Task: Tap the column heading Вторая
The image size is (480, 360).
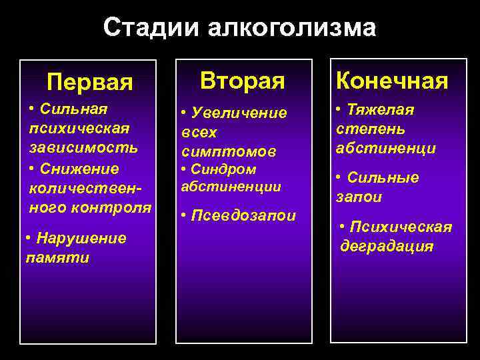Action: click(x=243, y=81)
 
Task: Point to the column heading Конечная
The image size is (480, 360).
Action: click(x=392, y=81)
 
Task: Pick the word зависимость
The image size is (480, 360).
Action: click(x=83, y=146)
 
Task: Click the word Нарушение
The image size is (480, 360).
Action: click(x=79, y=239)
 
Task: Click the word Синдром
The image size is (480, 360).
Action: click(x=224, y=169)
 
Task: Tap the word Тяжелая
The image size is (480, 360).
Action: click(x=380, y=110)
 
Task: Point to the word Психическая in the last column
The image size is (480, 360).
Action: click(x=401, y=227)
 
